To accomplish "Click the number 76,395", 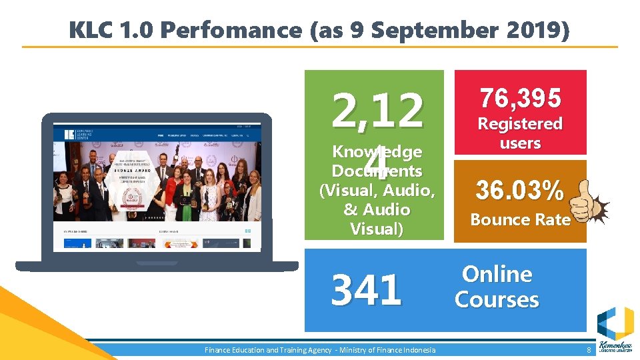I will coord(520,99).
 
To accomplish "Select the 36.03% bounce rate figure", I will coord(519,191).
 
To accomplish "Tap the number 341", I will coord(367,291).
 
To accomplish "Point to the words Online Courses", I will coord(497,287).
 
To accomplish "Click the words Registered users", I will coord(520,133).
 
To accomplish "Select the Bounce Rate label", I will coord(520,219).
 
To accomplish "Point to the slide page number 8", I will coord(589,350).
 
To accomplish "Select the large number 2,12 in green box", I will coord(377,110).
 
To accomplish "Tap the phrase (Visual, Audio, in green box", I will coord(377,191).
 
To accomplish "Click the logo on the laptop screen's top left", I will coord(69,133).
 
